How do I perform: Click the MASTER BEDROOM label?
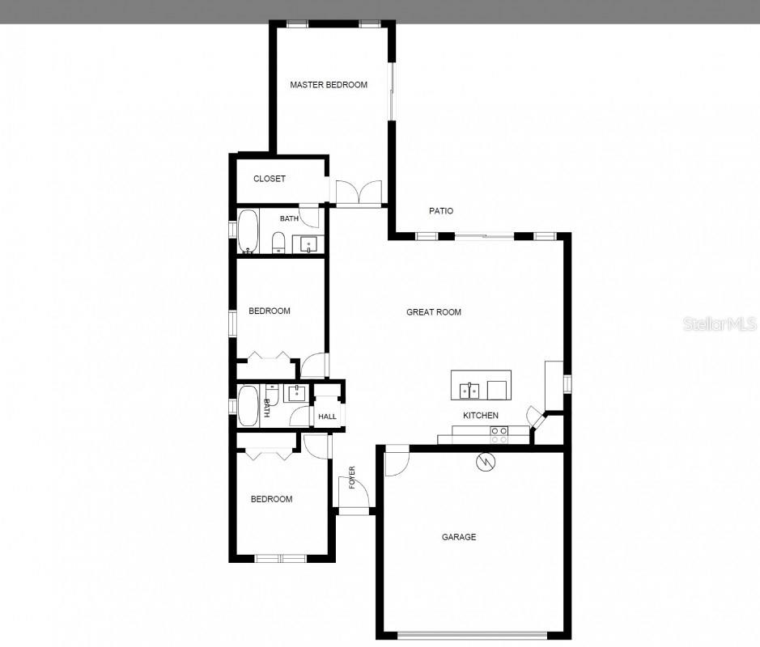tap(329, 85)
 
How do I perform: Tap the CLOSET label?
tap(270, 179)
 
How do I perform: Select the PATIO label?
tap(440, 211)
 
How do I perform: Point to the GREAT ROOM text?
tap(434, 312)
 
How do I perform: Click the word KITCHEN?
tap(480, 416)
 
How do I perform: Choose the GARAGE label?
tap(459, 537)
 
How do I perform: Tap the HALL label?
tap(327, 417)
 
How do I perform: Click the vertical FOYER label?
tap(352, 478)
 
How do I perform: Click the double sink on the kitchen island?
tap(469, 391)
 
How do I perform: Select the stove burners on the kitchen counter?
tap(499, 436)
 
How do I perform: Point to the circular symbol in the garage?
tap(486, 462)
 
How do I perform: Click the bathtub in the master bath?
tap(247, 231)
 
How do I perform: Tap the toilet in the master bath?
tap(278, 242)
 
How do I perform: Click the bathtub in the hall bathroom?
tap(248, 407)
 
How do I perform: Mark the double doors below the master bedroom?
tap(359, 192)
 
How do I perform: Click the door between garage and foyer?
tap(396, 461)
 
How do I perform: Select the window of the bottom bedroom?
tap(280, 558)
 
